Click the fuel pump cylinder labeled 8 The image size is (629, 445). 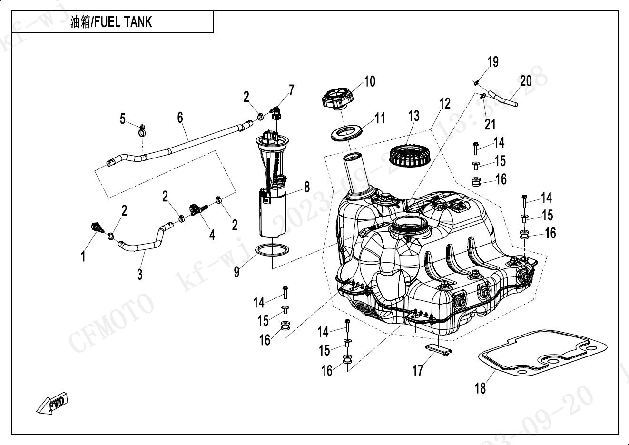[x=273, y=213]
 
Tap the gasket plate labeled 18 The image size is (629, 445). [x=542, y=357]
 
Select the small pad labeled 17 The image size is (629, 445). [x=437, y=349]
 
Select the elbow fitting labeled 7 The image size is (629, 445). [x=275, y=113]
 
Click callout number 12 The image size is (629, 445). [x=444, y=103]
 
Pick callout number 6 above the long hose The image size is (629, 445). [x=180, y=118]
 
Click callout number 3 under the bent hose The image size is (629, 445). [x=139, y=274]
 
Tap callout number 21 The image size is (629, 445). [x=490, y=124]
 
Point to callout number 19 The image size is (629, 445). [x=493, y=62]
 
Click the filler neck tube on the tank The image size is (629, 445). [x=355, y=173]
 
